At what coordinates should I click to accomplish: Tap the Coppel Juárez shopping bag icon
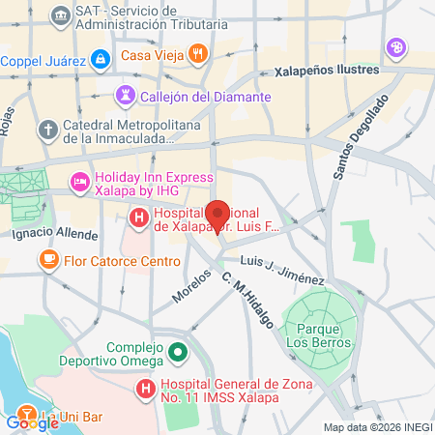pyautogui.click(x=101, y=60)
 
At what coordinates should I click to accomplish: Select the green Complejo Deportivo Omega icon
pyautogui.click(x=178, y=353)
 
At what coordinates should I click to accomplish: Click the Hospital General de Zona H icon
pyautogui.click(x=145, y=390)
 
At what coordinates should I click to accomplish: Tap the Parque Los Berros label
pyautogui.click(x=311, y=335)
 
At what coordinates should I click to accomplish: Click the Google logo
pyautogui.click(x=32, y=421)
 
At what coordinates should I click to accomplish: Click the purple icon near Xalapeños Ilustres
pyautogui.click(x=395, y=46)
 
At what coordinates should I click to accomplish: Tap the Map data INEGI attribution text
pyautogui.click(x=377, y=427)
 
